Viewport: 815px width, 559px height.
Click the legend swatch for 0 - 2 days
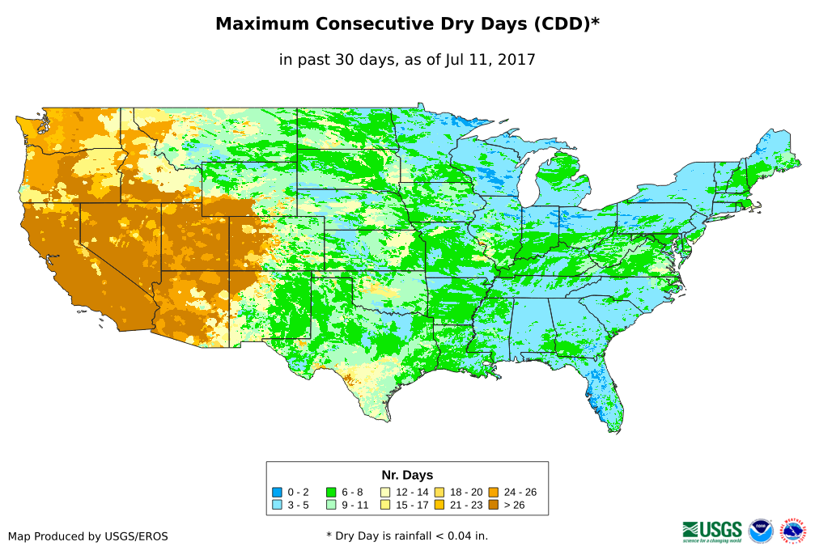pos(277,492)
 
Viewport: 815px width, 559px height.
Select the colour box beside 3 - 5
pos(277,505)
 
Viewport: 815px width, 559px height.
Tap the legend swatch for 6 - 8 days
pos(331,492)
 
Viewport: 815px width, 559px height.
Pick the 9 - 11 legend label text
pos(357,505)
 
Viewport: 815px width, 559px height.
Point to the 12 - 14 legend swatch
pos(385,492)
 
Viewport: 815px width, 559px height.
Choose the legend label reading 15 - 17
pos(412,505)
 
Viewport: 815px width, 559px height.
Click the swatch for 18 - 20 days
pos(439,492)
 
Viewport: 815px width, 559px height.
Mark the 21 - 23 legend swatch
pos(439,505)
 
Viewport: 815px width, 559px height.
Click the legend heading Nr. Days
pos(407,475)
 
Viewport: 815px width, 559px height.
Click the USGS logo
pos(712,531)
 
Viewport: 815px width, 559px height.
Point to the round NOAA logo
pos(761,531)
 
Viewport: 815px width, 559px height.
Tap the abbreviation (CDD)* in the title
pos(566,24)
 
